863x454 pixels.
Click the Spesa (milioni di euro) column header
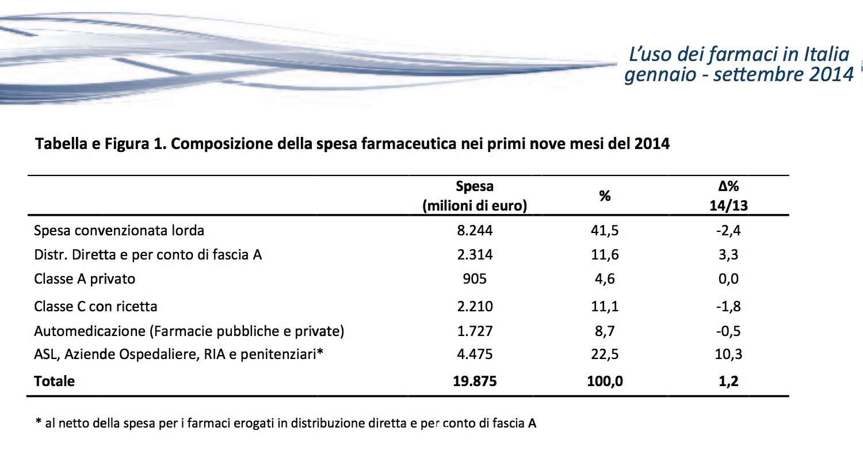pyautogui.click(x=475, y=196)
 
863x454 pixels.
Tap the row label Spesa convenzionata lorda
pyautogui.click(x=119, y=231)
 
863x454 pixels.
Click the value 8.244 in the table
pyautogui.click(x=475, y=231)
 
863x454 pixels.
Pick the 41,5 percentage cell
pyautogui.click(x=604, y=231)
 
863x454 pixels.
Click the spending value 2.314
pyautogui.click(x=475, y=255)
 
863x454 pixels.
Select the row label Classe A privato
pyautogui.click(x=85, y=279)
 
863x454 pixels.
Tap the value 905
pyautogui.click(x=475, y=279)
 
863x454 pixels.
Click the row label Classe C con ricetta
pyautogui.click(x=96, y=306)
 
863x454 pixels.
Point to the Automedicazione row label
pyautogui.click(x=189, y=331)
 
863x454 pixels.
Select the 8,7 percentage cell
pyautogui.click(x=604, y=331)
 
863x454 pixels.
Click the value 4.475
pyautogui.click(x=475, y=354)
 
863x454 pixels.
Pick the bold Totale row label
pyautogui.click(x=54, y=381)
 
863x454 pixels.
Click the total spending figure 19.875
pyautogui.click(x=475, y=381)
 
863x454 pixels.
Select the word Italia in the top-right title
pyautogui.click(x=827, y=55)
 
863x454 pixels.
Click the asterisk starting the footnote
pyautogui.click(x=39, y=422)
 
